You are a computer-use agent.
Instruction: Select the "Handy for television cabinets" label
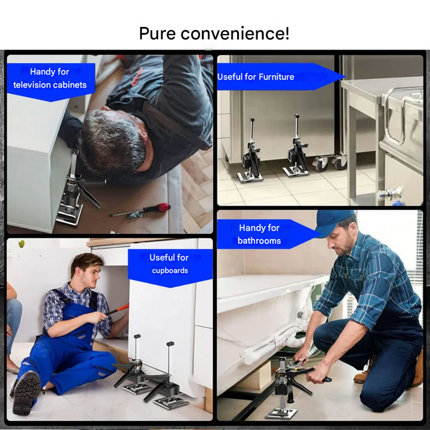[x=50, y=79]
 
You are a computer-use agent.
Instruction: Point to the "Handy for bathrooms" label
[x=259, y=234]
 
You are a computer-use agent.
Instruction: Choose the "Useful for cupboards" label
[x=169, y=264]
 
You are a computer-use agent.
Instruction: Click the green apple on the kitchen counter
[x=21, y=244]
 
